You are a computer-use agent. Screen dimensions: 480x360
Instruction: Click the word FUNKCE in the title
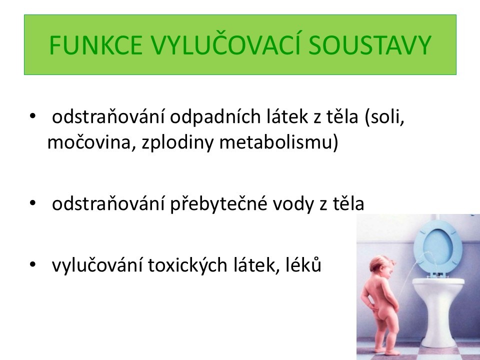[x=96, y=45]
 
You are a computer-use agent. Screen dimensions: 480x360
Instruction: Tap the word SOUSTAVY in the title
[x=370, y=45]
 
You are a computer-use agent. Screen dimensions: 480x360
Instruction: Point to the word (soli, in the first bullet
[x=384, y=116]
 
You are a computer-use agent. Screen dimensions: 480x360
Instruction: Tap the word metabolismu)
[x=279, y=142]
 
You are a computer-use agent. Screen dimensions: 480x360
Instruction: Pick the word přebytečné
[x=219, y=204]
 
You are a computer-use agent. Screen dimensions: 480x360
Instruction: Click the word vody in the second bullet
[x=293, y=204]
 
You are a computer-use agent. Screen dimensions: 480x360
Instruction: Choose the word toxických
[x=187, y=265]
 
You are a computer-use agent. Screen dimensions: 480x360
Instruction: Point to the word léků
[x=303, y=264]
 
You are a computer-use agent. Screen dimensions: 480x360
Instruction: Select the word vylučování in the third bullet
[x=97, y=265]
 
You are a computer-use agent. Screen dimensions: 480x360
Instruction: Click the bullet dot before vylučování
[x=32, y=264]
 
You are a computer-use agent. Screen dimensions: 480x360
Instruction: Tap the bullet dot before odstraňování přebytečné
[x=32, y=203]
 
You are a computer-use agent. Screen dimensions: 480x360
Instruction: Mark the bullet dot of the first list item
[x=32, y=116]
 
